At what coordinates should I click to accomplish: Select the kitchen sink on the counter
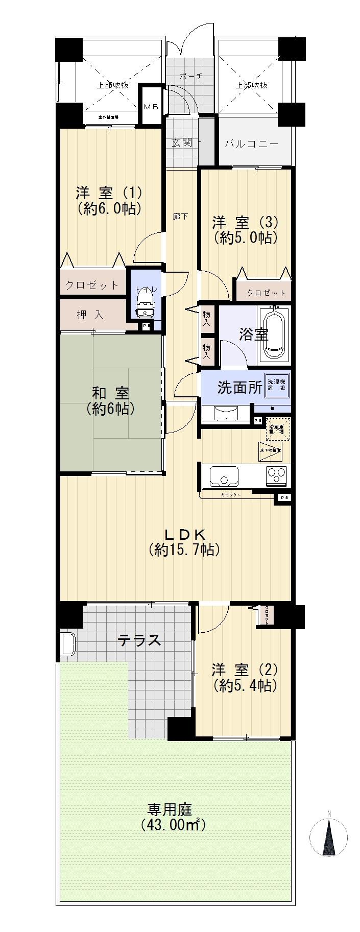pos(224,476)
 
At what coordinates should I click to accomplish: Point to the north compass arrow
pos(329,837)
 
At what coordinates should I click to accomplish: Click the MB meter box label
pos(151,106)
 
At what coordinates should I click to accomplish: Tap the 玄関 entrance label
pos(181,142)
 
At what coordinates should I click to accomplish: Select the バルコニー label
pos(252,144)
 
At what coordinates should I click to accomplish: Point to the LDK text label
pos(184,534)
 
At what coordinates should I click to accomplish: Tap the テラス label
pos(139,639)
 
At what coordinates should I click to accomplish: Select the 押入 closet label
pos(90,315)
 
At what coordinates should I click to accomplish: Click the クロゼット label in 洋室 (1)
pos(92,285)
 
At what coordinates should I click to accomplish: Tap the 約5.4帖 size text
pos(246,685)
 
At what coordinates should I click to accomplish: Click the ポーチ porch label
pos(191,76)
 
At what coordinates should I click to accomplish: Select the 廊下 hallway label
pos(180,217)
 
